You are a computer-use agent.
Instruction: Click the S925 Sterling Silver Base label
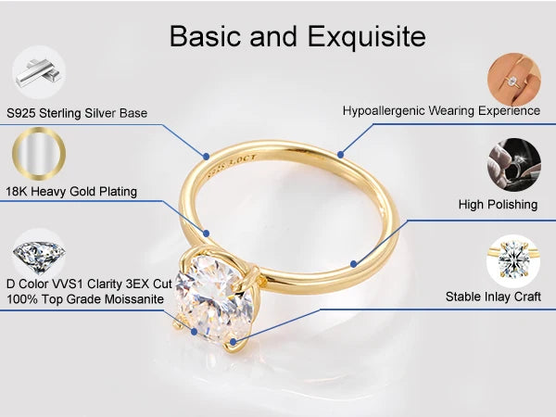(x=77, y=113)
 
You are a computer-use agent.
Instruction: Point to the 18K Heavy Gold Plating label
(x=71, y=192)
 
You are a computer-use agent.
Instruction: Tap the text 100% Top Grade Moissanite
(x=85, y=298)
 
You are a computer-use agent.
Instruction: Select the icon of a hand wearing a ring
(x=513, y=76)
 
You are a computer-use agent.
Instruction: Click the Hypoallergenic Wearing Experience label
(x=441, y=110)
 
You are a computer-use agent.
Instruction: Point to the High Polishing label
(x=498, y=204)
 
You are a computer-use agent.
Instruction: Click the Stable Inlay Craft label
(x=492, y=297)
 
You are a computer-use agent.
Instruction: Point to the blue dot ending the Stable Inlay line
(x=233, y=342)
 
